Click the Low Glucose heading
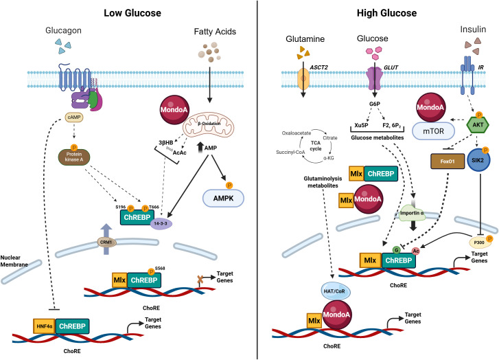[132, 13]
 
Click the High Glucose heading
[386, 13]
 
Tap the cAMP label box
[74, 117]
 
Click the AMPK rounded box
[223, 198]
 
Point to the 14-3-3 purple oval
[161, 224]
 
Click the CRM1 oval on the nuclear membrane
[106, 243]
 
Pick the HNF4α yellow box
[44, 326]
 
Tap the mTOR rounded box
[433, 131]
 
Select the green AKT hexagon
[478, 125]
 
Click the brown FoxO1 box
[448, 161]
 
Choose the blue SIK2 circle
[477, 160]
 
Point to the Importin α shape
[412, 213]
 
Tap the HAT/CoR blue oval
[334, 291]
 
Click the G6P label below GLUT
[375, 104]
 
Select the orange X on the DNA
[200, 280]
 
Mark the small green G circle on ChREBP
[396, 250]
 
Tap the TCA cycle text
[316, 146]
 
